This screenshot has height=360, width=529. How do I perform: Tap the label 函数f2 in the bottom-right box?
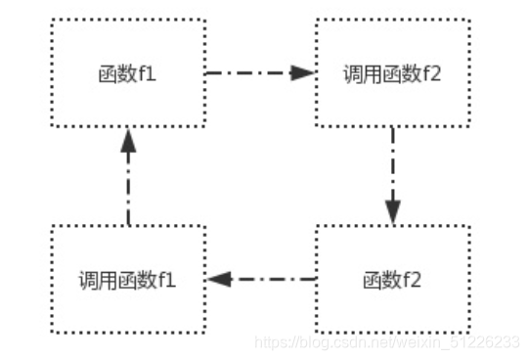[x=392, y=280]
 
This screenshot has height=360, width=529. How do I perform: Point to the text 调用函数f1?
[x=128, y=280]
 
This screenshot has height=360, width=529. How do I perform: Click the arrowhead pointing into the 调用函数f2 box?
[x=304, y=71]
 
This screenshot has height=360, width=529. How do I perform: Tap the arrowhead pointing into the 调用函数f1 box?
[x=216, y=280]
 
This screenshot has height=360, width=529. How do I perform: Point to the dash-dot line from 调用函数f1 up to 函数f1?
[x=128, y=191]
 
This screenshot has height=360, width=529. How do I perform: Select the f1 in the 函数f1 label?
[x=147, y=74]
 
